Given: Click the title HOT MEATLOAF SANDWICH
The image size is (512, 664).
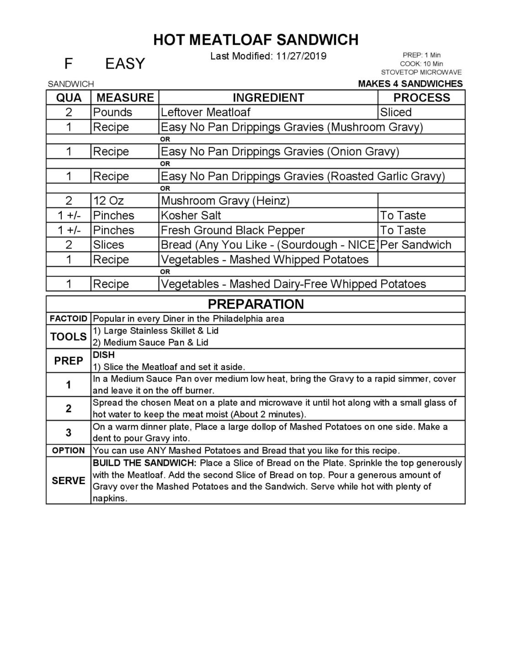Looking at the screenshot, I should pos(256,40).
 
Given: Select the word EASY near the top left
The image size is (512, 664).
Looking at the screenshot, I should pos(125,64).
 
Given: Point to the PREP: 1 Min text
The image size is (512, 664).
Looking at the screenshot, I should pos(421,55).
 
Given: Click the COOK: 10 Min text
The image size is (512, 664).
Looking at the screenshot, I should pos(421,64).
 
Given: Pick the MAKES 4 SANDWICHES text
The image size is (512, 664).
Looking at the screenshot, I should pos(410,84).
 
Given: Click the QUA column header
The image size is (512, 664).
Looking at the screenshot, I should pos(69,97).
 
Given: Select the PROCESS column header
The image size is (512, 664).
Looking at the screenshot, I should pos(421,97).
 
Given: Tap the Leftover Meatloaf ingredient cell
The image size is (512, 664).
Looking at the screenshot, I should pos(206,112).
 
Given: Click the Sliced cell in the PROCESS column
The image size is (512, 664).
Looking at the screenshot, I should pos(396,112).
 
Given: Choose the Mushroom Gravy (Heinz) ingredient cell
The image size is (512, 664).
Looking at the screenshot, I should pos(225,200).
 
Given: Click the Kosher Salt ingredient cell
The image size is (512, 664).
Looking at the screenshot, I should pos(191,216).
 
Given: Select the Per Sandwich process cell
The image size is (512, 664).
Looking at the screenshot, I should pos(416,245).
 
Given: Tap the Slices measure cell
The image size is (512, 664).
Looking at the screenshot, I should pos(108,245).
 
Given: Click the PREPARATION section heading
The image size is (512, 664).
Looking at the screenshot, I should pos(256,304).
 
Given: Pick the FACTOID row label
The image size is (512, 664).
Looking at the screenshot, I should pos(69,319).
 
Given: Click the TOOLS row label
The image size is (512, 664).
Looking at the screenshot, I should pos(69,337).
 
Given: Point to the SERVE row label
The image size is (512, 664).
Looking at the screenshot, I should pos(69,480).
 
